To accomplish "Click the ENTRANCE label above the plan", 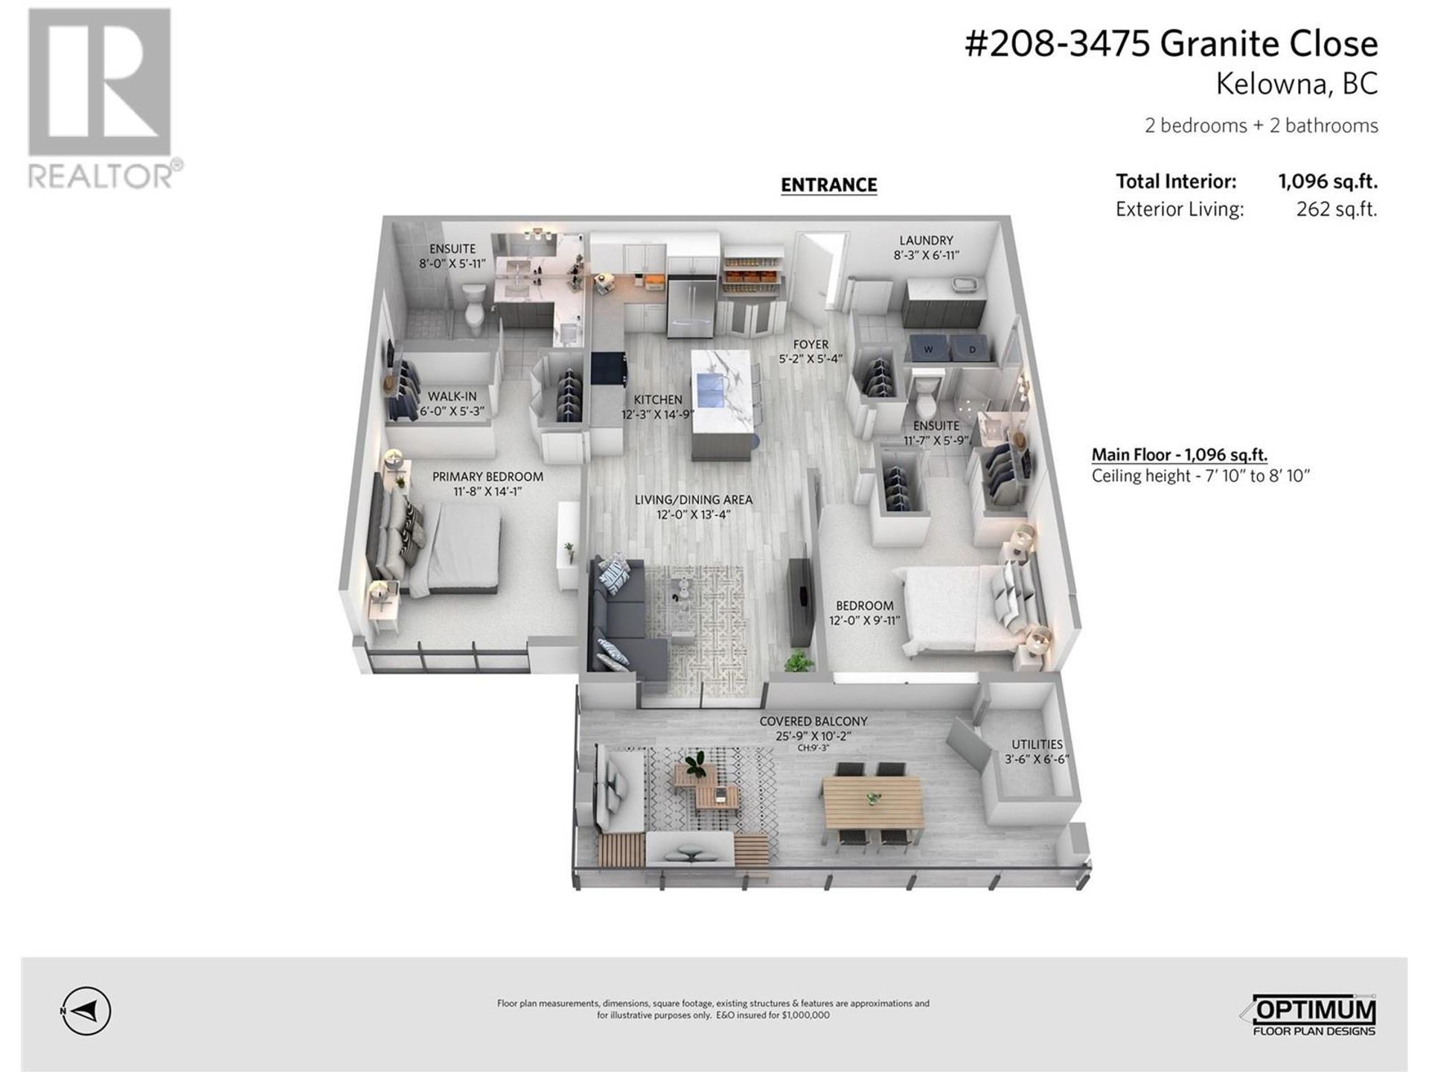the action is (828, 185).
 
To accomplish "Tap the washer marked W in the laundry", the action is (927, 349).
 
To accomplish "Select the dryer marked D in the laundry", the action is (971, 349).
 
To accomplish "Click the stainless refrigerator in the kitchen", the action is (691, 306).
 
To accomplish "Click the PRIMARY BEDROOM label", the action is (487, 476).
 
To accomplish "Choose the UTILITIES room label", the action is (1037, 744).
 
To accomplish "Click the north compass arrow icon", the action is (86, 1011).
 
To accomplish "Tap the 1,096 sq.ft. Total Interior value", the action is (1328, 182).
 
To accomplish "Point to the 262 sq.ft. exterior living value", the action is (1337, 209).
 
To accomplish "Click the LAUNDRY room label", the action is (926, 240).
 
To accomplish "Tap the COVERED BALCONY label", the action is (813, 721).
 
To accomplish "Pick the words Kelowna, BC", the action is (1297, 84).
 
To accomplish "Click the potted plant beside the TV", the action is (798, 660).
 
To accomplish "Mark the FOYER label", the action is (811, 345).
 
